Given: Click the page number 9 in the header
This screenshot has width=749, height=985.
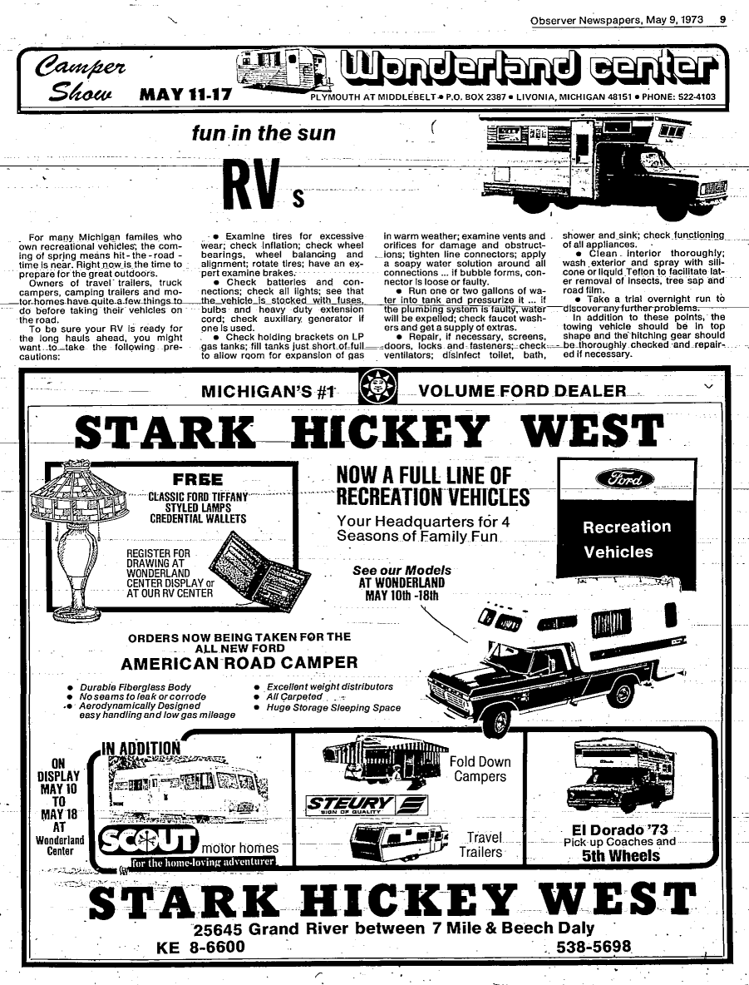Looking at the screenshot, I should [x=722, y=20].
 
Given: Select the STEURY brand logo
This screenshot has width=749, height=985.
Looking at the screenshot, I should [x=366, y=804].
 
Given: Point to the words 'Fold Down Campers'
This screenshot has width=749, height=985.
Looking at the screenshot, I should [x=480, y=769].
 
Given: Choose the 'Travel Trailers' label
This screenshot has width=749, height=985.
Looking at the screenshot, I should [x=483, y=844].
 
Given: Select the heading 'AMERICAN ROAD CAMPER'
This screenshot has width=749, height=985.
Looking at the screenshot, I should [x=239, y=663].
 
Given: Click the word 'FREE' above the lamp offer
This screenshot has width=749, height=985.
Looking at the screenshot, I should [x=197, y=478].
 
